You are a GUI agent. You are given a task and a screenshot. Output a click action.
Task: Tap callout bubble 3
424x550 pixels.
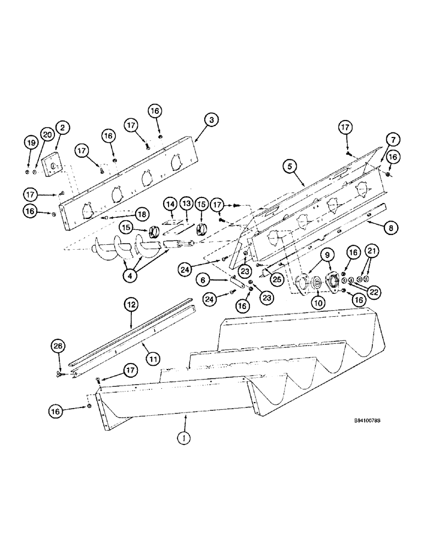209,119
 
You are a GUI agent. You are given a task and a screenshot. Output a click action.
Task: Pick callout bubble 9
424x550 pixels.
326,255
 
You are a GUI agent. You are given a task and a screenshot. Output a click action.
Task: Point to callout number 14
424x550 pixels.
170,204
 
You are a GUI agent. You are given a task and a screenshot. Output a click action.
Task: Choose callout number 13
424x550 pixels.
186,204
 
